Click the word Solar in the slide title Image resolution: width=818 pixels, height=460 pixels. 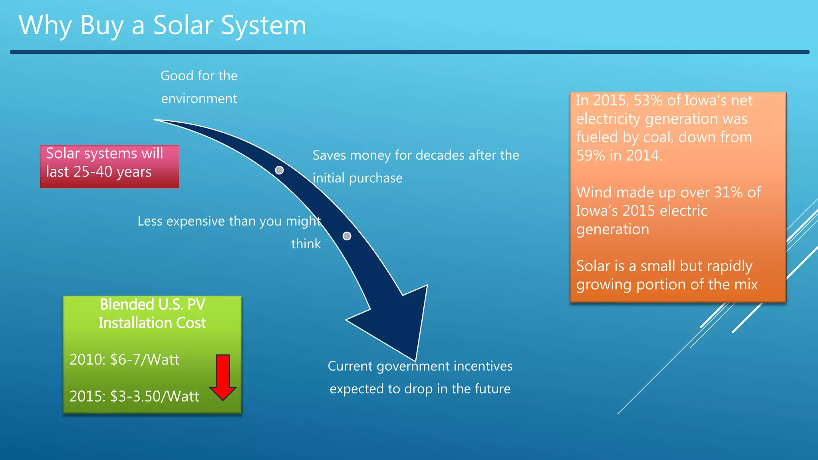183,26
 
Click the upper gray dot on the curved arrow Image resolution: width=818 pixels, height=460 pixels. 280,171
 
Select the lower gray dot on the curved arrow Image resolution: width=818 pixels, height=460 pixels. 347,236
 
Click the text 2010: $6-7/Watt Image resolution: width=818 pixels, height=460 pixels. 124,360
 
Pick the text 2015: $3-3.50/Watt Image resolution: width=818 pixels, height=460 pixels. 134,397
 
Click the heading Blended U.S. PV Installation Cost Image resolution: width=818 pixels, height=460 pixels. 152,314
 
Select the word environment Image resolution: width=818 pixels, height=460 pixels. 199,99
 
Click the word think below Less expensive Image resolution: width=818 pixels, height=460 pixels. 306,244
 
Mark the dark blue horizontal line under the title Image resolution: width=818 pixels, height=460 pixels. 409,52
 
